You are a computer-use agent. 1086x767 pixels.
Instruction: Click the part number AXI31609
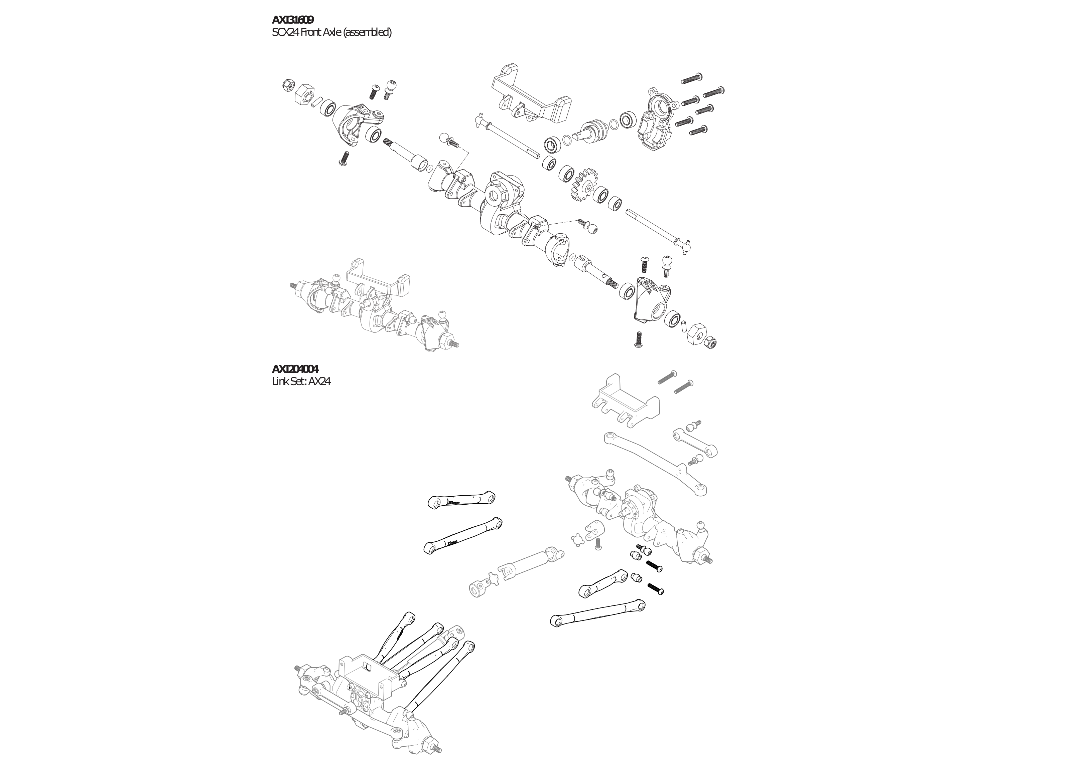[292, 20]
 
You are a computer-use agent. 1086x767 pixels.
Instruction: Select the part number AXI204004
[295, 369]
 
